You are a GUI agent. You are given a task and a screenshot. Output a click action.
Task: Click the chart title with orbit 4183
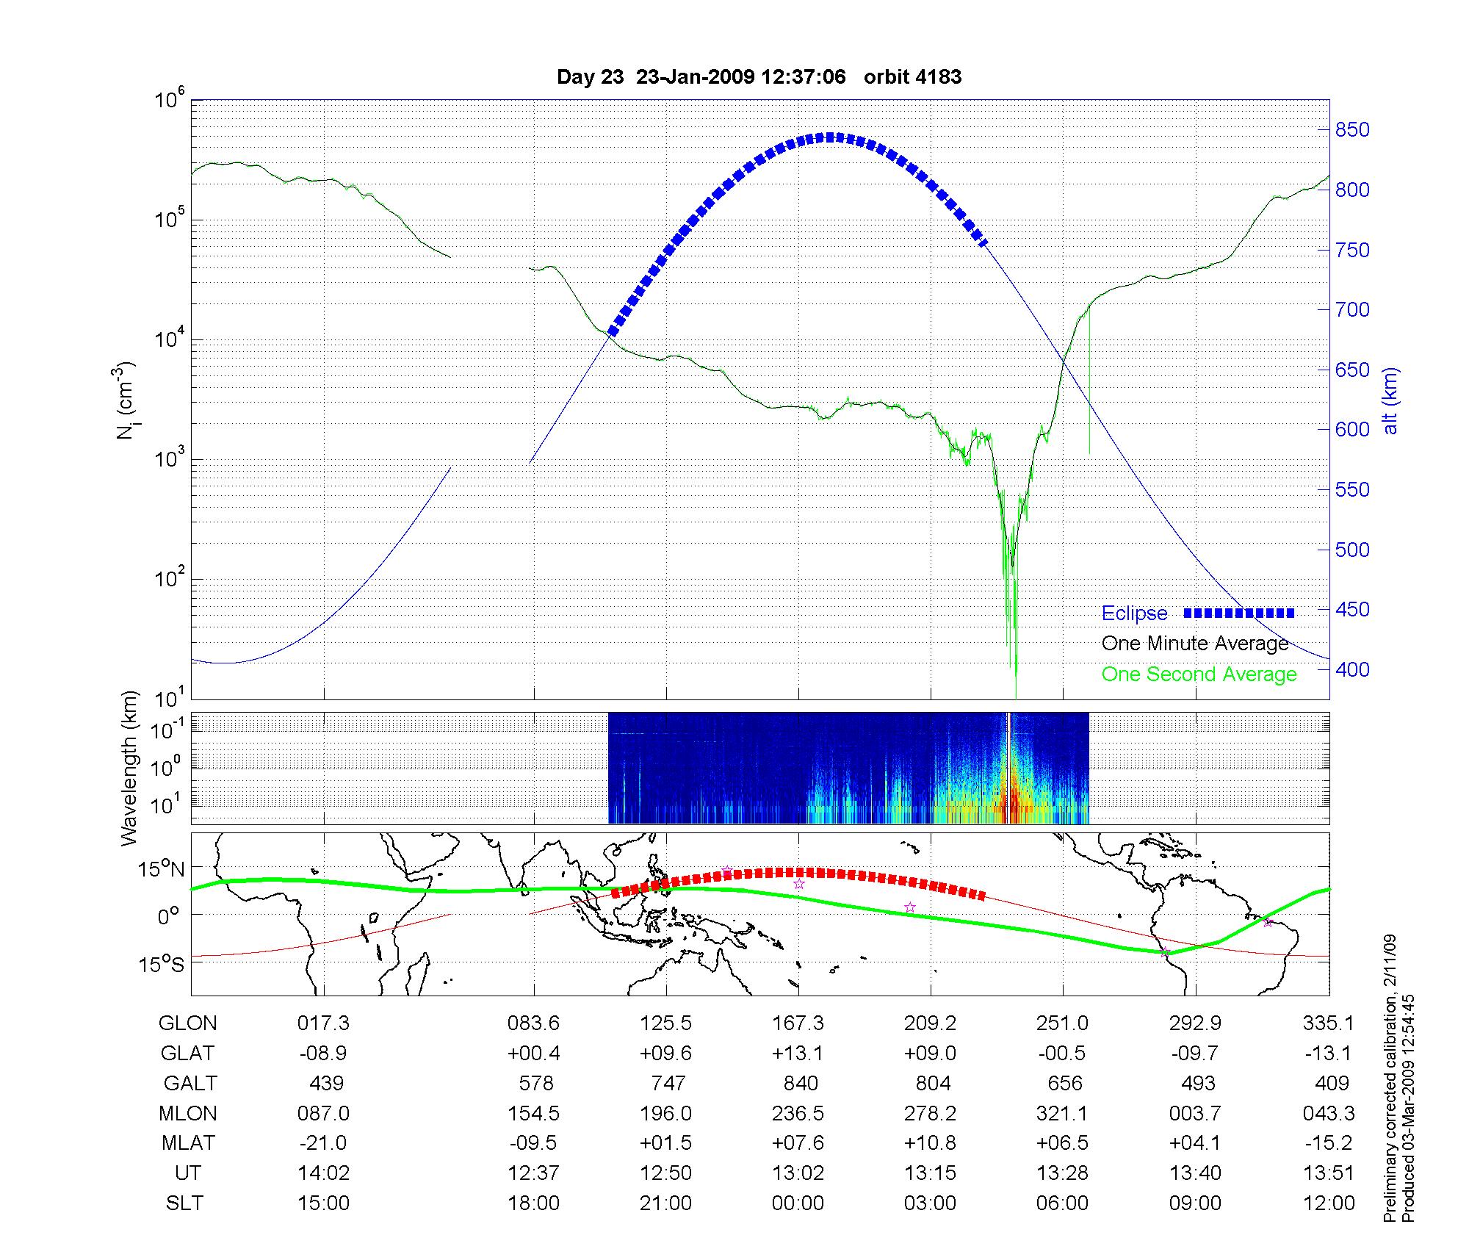pos(759,77)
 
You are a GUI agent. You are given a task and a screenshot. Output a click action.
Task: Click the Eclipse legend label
pos(1134,613)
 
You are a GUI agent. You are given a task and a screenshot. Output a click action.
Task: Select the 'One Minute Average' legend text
pos(1195,644)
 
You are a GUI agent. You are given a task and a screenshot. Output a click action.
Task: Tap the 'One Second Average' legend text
pos(1199,674)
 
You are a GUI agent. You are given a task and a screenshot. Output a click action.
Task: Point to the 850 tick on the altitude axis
pos(1352,130)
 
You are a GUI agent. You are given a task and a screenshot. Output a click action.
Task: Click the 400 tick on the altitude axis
pos(1352,669)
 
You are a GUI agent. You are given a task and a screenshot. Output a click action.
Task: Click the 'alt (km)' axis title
pos(1390,400)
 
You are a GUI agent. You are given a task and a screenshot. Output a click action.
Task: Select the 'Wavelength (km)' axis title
pos(129,769)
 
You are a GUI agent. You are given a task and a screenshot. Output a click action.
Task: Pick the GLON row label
pos(188,1023)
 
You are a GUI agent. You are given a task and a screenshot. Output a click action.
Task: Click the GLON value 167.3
pos(798,1023)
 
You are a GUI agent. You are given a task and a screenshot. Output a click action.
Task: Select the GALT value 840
pos(800,1083)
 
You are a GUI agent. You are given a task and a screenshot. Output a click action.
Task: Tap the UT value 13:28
pos(1062,1173)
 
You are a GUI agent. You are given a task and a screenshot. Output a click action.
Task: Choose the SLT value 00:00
pos(798,1203)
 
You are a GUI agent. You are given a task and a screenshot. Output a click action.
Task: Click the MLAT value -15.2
pos(1328,1143)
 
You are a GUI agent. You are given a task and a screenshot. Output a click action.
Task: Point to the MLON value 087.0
pos(323,1113)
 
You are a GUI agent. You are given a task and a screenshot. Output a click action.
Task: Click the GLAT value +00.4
pos(534,1054)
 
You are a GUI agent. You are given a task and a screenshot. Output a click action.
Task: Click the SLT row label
pos(184,1203)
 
